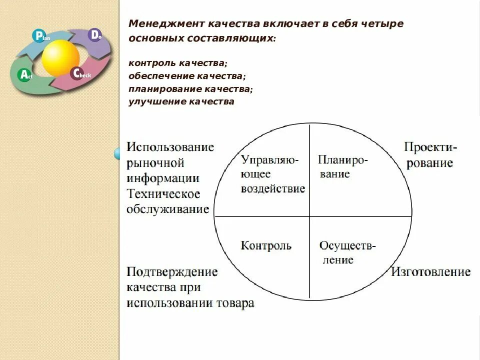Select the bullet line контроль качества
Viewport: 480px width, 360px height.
tap(177, 63)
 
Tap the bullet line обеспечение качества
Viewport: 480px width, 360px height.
tap(186, 76)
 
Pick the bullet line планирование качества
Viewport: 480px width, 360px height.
tap(190, 89)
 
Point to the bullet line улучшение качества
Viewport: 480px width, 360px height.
tap(181, 102)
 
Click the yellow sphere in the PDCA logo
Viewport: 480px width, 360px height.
tap(60, 57)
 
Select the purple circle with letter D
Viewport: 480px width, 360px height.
tap(94, 34)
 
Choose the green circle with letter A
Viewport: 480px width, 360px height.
tap(24, 75)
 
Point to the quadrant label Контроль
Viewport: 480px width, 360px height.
tap(266, 246)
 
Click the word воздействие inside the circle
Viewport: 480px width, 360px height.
tap(273, 189)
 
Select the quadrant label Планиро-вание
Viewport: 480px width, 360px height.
tap(342, 167)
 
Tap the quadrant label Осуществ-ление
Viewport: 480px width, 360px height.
tap(347, 253)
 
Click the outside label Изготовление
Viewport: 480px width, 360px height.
tap(430, 272)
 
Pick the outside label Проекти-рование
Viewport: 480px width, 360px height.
tap(430, 155)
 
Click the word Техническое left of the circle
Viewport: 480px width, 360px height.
tap(163, 193)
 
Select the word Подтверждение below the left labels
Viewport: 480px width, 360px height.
tap(172, 272)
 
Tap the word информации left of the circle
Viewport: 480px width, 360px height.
tap(163, 178)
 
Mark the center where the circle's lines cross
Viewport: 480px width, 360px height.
tap(310, 216)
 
